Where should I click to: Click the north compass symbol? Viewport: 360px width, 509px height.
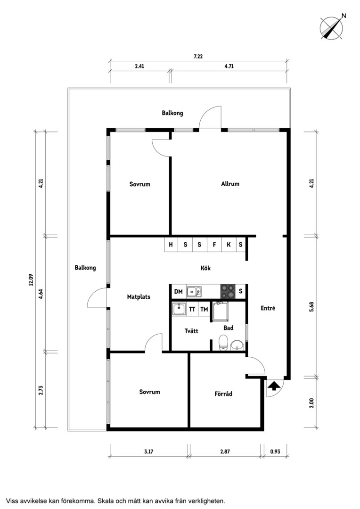[x=332, y=28]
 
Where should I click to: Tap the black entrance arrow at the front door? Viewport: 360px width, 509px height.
[x=274, y=386]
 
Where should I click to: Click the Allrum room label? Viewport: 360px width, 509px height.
[x=230, y=184]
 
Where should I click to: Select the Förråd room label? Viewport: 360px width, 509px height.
[x=223, y=394]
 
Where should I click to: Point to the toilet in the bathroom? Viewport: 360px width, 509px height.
[x=223, y=343]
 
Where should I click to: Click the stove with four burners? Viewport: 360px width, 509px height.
[x=228, y=291]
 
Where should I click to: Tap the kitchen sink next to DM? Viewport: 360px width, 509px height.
[x=194, y=292]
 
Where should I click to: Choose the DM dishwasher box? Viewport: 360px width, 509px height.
[x=178, y=292]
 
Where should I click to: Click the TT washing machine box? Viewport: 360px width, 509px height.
[x=192, y=309]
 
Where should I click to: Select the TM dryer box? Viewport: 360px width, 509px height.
[x=204, y=309]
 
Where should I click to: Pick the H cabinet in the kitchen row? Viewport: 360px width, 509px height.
[x=171, y=245]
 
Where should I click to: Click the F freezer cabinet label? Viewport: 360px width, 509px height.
[x=214, y=245]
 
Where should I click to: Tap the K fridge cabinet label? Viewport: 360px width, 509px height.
[x=229, y=245]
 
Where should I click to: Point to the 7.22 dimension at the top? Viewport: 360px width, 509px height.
[x=198, y=56]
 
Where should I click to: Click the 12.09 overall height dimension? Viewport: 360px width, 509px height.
[x=31, y=280]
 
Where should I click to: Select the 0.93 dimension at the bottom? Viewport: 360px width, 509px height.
[x=275, y=452]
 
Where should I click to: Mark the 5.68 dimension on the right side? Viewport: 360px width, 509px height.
[x=311, y=307]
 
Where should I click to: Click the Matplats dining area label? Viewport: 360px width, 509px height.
[x=139, y=297]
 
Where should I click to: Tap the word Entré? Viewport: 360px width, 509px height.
[x=268, y=308]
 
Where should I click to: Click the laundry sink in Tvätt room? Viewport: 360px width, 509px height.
[x=179, y=309]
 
